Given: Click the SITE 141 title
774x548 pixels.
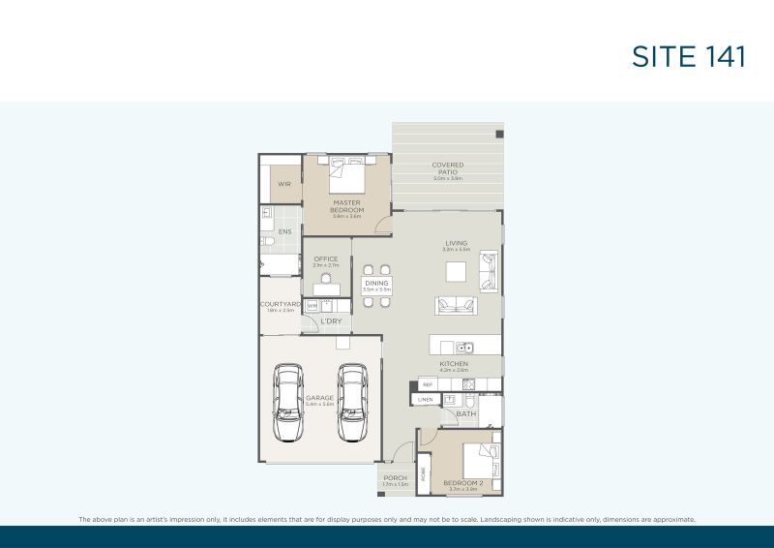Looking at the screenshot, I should [688, 56].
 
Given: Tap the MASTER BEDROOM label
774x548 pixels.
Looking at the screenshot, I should [347, 206].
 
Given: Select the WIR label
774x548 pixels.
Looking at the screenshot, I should [284, 184].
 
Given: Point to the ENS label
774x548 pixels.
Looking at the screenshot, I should [284, 232].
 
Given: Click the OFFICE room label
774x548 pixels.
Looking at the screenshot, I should [326, 259].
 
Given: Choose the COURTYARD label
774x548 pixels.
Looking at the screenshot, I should [280, 304].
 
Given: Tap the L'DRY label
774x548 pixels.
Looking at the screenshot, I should [332, 321].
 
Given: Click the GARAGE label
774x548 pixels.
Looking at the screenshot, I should [319, 397].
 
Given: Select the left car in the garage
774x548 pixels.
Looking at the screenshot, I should [288, 402].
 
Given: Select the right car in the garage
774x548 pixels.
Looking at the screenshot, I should [352, 402].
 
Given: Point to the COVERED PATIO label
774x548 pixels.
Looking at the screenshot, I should [448, 168].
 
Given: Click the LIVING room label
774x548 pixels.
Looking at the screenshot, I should [457, 243].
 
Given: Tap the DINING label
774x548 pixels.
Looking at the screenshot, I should [376, 284].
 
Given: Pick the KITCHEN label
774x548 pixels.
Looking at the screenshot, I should [454, 364].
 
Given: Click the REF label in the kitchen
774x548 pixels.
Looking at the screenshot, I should [427, 384].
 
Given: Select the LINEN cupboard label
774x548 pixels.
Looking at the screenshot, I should [425, 399].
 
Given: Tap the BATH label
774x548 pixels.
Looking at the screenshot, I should [466, 414].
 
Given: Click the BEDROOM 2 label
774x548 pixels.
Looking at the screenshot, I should [462, 483].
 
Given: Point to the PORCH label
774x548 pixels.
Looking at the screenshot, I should [395, 477].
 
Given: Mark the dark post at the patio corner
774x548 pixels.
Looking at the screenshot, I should [499, 134].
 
